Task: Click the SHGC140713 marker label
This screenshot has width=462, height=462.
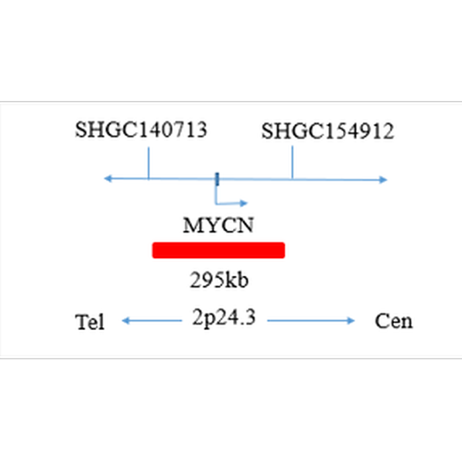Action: pos(141,130)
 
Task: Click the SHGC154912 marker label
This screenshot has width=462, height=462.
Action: pos(327,131)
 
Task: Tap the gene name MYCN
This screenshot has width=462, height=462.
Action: pos(218,225)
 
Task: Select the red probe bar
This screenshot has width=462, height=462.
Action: pos(218,250)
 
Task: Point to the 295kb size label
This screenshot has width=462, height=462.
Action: pos(219,280)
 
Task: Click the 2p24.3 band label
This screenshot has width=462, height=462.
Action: pos(224,319)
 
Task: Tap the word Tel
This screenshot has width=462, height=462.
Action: pos(90,322)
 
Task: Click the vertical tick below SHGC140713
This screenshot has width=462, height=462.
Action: pos(148,163)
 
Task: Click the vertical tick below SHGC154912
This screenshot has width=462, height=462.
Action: pos(292,163)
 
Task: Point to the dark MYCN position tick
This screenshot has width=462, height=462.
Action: pos(216,178)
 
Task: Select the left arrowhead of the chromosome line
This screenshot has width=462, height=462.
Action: pos(108,178)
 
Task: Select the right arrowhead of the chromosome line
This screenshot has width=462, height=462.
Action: pos(383,179)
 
